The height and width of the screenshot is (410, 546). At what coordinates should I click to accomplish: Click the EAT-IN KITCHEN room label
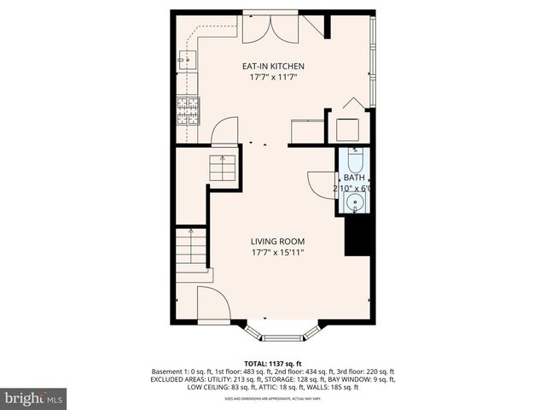(x=273, y=66)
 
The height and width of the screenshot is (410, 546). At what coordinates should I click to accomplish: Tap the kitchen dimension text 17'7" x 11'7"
(x=273, y=78)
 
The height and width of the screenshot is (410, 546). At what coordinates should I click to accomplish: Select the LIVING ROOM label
(x=277, y=241)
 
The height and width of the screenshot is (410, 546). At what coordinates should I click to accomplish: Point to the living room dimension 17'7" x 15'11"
(x=277, y=253)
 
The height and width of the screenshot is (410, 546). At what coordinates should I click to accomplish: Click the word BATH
(x=353, y=178)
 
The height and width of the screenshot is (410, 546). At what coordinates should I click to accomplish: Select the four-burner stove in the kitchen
(x=187, y=109)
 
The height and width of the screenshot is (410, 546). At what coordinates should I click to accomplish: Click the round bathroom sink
(x=356, y=202)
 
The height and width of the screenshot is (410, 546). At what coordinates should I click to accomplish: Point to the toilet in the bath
(x=355, y=160)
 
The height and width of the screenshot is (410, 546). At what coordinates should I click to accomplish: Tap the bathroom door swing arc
(x=321, y=184)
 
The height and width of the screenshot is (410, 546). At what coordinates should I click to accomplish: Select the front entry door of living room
(x=212, y=305)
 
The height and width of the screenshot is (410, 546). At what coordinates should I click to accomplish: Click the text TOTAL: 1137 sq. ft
(x=273, y=362)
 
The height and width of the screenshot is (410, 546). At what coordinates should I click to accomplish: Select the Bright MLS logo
(x=34, y=398)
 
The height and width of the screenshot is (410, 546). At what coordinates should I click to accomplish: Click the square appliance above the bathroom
(x=349, y=129)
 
